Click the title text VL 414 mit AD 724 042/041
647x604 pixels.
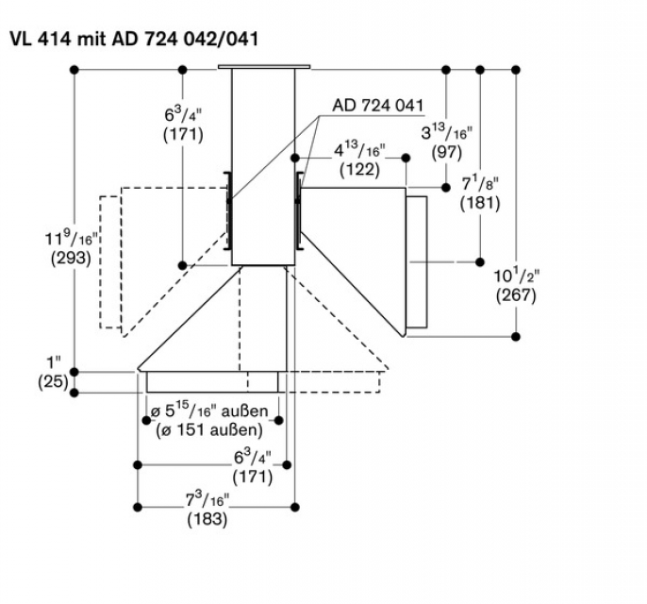click(x=133, y=39)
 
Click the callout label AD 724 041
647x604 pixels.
click(x=376, y=105)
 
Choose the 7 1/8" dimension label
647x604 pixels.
click(x=480, y=183)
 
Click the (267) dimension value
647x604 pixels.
click(x=516, y=294)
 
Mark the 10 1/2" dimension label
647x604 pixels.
click(x=516, y=276)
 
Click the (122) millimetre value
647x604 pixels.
click(x=359, y=170)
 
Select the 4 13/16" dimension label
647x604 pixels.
click(x=359, y=151)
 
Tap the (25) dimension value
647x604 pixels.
click(x=52, y=382)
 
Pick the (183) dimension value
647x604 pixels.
click(x=207, y=519)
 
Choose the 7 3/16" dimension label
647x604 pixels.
click(x=207, y=500)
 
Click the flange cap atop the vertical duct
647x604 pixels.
click(x=263, y=67)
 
